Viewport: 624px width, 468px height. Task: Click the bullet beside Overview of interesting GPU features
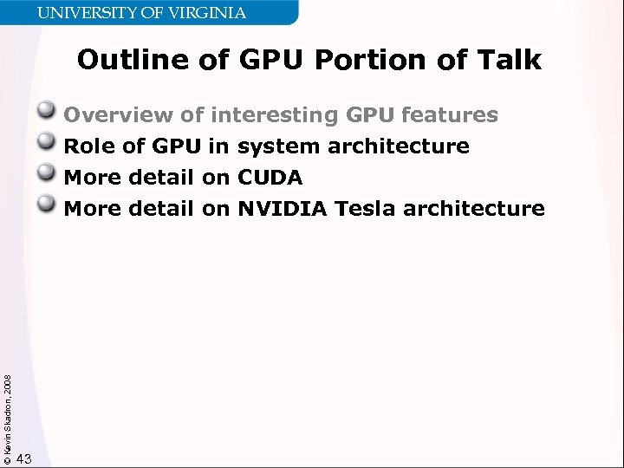pyautogui.click(x=49, y=113)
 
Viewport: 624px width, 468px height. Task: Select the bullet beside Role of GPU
pyautogui.click(x=49, y=144)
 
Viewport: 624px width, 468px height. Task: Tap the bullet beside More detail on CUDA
pyautogui.click(x=49, y=175)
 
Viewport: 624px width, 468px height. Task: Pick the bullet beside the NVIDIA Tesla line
pyautogui.click(x=49, y=206)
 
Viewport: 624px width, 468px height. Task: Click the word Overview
pyautogui.click(x=119, y=114)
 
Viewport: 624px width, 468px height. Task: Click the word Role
pyautogui.click(x=90, y=146)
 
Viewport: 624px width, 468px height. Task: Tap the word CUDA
pyautogui.click(x=270, y=178)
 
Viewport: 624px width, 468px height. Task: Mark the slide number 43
pyautogui.click(x=24, y=458)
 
